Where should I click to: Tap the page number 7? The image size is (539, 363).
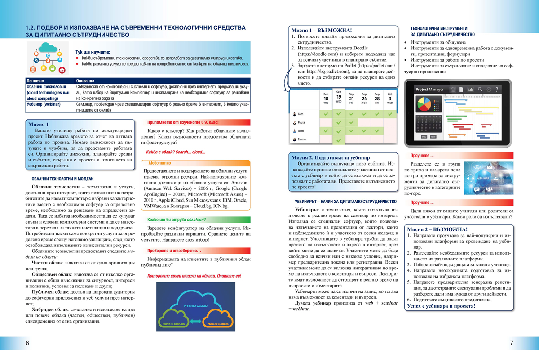512,343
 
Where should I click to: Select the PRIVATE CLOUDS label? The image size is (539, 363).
174,324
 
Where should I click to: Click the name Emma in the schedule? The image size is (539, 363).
301,139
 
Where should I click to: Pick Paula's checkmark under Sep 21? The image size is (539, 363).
351,122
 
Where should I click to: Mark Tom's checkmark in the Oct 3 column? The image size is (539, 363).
390,114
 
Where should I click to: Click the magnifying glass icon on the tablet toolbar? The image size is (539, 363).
480,90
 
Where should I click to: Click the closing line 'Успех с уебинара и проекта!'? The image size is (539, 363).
442,306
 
